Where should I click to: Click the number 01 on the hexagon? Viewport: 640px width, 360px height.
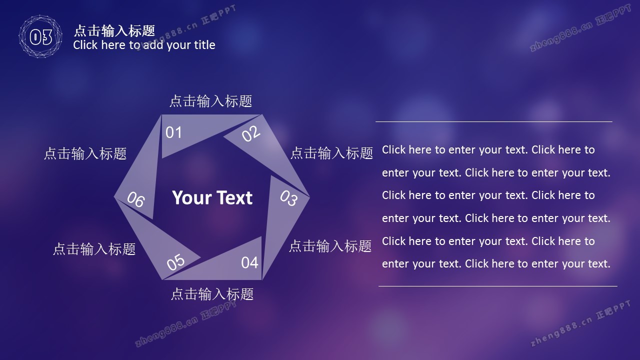pyautogui.click(x=173, y=132)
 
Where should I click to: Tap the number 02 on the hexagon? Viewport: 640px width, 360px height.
pyautogui.click(x=251, y=133)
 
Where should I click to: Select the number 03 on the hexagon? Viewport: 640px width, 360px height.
pyautogui.click(x=288, y=198)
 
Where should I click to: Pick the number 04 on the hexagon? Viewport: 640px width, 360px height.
pyautogui.click(x=249, y=262)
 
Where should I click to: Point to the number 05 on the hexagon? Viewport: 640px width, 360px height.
pyautogui.click(x=175, y=262)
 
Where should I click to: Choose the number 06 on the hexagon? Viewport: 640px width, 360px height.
pyautogui.click(x=135, y=199)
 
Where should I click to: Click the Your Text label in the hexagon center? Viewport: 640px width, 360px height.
pyautogui.click(x=212, y=197)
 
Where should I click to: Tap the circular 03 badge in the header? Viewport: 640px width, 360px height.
pyautogui.click(x=40, y=36)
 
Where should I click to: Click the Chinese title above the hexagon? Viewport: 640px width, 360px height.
pyautogui.click(x=211, y=101)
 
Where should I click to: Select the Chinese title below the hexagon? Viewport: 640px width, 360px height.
pyautogui.click(x=212, y=294)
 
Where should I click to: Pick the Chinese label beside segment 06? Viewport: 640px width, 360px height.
pyautogui.click(x=85, y=153)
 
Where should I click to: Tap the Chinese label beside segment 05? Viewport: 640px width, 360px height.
pyautogui.click(x=94, y=248)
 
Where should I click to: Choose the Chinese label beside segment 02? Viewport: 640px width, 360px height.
pyautogui.click(x=331, y=153)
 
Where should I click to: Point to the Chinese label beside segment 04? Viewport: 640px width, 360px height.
pyautogui.click(x=330, y=246)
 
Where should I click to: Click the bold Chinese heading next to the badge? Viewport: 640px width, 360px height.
pyautogui.click(x=114, y=31)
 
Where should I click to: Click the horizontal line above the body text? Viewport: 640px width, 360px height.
pyautogui.click(x=493, y=121)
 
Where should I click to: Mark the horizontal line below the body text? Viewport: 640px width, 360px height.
pyautogui.click(x=497, y=286)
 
